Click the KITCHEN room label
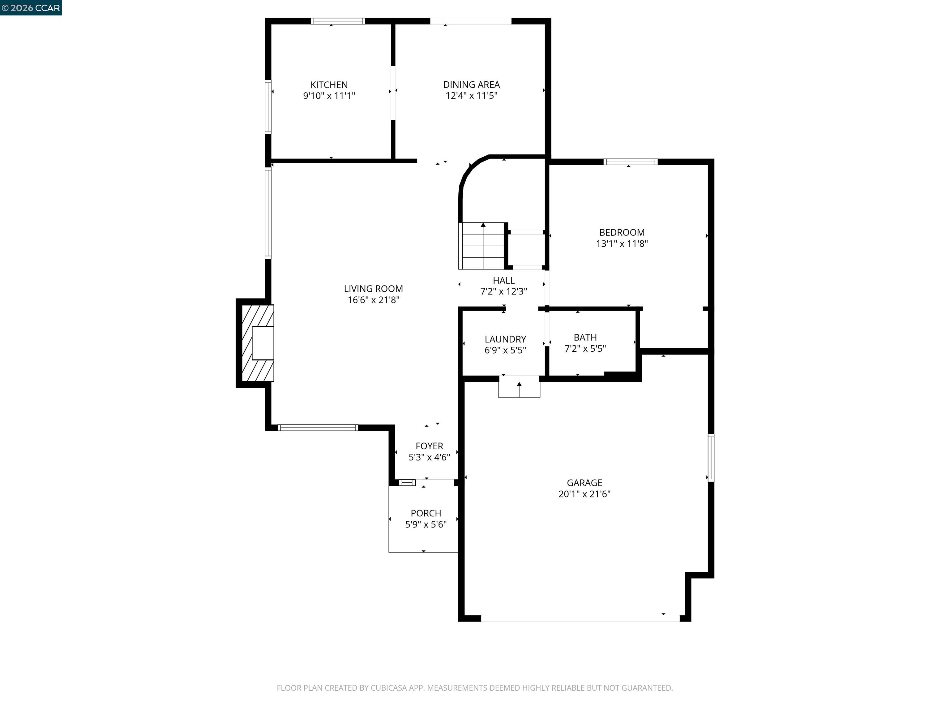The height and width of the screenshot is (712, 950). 329,85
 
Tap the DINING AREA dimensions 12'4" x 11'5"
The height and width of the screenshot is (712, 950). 471,96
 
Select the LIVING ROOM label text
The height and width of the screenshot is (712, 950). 373,289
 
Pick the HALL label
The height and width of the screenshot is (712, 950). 503,281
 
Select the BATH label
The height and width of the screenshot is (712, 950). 585,337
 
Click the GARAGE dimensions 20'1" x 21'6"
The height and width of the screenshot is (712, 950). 584,494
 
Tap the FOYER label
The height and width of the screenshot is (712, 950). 429,446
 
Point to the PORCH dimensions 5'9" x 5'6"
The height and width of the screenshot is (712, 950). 426,524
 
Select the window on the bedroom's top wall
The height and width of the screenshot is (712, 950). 630,162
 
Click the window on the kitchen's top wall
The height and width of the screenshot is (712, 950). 338,21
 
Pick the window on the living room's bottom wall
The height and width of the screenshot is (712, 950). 318,427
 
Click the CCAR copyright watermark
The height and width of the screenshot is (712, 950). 31,8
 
